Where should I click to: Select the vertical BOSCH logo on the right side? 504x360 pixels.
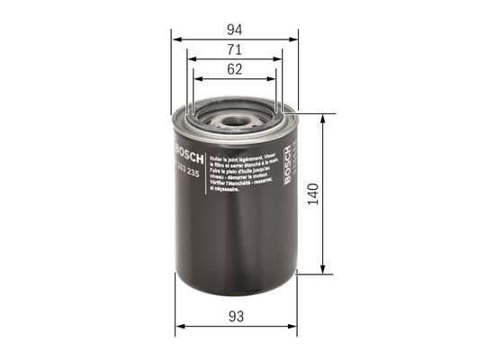pyautogui.click(x=288, y=167)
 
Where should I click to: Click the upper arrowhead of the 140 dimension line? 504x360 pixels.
pyautogui.click(x=322, y=118)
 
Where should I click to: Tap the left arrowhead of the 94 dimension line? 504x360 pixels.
pyautogui.click(x=175, y=40)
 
